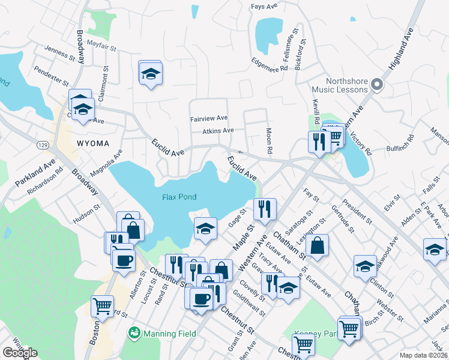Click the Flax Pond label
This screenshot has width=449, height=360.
(x=179, y=197)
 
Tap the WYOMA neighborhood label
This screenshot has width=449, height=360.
(x=92, y=143)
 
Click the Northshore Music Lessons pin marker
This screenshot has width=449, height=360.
(x=377, y=85)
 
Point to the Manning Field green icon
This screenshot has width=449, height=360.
(x=134, y=332)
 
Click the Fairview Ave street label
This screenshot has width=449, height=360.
(x=209, y=119)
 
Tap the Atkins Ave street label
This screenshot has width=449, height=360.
(x=217, y=130)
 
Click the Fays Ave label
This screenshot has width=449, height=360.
(x=265, y=7)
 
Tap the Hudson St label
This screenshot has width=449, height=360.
(x=87, y=211)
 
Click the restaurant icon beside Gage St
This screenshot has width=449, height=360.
(x=265, y=209)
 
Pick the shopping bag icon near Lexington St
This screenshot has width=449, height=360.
(x=317, y=245)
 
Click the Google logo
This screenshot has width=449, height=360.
(x=20, y=353)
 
